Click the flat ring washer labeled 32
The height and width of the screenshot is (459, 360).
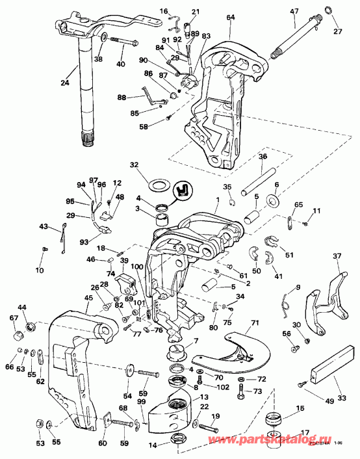[x=157, y=185]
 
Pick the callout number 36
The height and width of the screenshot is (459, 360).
[x=263, y=156]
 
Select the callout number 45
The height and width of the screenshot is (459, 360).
[x=88, y=298]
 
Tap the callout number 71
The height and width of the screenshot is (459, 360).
[x=255, y=322]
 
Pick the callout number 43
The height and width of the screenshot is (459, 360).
[x=44, y=226]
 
